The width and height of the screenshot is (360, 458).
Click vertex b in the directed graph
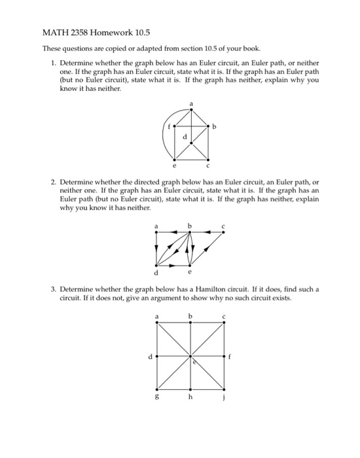[x=189, y=231]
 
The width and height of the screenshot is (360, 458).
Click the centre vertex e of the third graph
[x=190, y=357]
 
